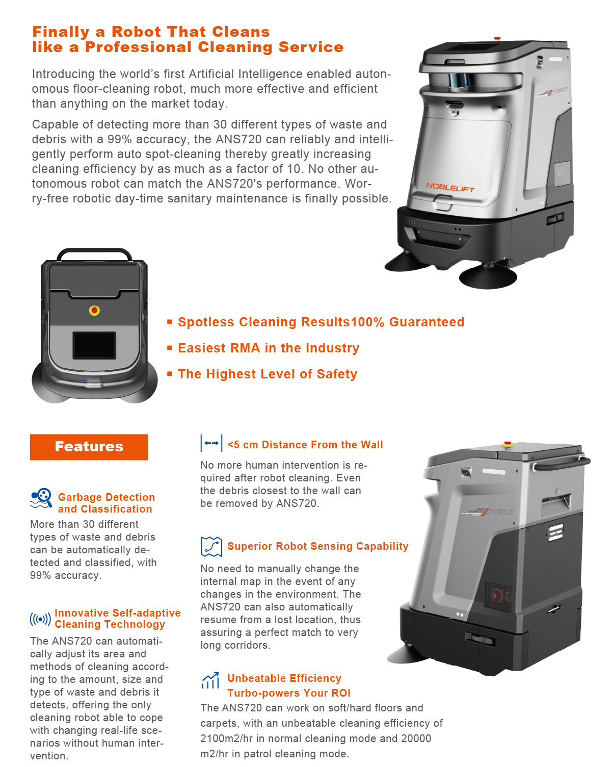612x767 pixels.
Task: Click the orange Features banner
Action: pos(89,447)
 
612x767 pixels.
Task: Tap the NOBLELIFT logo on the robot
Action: pos(450,187)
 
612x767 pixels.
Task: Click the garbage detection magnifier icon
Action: pos(41,498)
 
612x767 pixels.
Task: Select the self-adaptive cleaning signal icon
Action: pos(40,619)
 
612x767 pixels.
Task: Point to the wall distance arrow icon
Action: pos(211,443)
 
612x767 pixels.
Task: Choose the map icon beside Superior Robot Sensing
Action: pos(211,546)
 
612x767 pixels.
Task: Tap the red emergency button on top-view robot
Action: pos(94,311)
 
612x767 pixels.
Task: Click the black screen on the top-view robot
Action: pos(94,345)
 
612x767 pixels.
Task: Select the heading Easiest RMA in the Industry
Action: pos(269,348)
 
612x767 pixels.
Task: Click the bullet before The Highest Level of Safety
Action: pos(170,373)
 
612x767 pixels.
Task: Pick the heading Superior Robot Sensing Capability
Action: pos(318,546)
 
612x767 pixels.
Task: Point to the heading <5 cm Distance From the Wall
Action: pos(305,445)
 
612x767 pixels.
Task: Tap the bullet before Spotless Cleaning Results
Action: pos(170,321)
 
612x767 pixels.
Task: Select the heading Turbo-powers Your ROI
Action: pos(289,693)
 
